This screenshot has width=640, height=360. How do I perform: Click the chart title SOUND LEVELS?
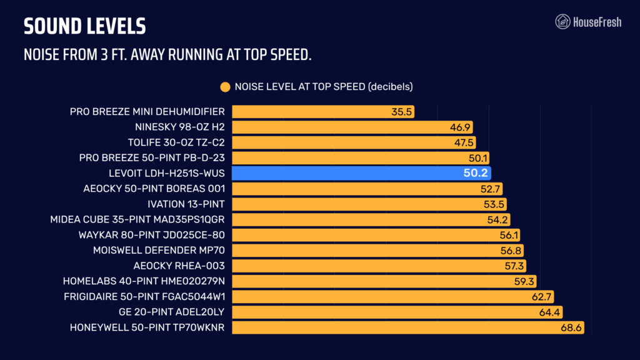tap(84, 26)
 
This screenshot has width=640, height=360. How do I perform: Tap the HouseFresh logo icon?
tap(562, 22)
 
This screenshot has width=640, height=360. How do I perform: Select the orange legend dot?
tap(225, 87)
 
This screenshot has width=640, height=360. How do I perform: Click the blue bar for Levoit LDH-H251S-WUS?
tap(361, 173)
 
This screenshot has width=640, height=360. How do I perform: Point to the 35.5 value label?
tap(402, 112)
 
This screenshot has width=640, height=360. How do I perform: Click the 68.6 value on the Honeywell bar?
tap(571, 327)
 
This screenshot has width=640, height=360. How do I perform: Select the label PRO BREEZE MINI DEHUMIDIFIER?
tap(147, 112)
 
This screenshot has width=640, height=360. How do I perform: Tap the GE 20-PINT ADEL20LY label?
tap(171, 312)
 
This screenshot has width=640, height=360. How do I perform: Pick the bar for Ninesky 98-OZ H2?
tap(352, 127)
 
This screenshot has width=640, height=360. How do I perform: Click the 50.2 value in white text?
tap(476, 173)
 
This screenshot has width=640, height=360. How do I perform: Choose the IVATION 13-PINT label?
tap(186, 204)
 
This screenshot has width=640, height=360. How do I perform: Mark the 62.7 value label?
tap(542, 297)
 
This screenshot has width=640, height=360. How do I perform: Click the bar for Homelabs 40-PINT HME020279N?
tap(384, 281)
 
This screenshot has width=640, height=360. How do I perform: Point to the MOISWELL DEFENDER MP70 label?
tap(159, 251)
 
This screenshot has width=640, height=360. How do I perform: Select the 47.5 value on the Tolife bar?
tap(464, 143)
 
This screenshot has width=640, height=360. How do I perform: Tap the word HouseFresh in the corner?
tap(597, 22)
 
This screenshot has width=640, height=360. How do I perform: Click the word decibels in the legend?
tap(391, 87)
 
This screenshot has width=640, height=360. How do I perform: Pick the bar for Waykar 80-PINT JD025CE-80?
tap(376, 235)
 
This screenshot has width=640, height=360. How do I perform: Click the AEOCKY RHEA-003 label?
tap(179, 266)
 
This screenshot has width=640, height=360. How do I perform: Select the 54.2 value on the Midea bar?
tap(497, 220)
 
